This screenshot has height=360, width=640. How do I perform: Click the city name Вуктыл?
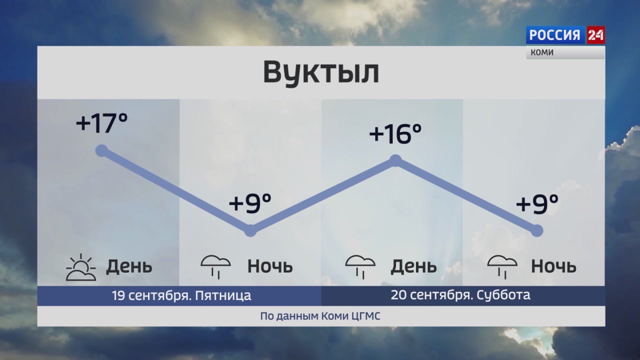click(321, 72)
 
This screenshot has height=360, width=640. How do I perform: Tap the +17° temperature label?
click(101, 123)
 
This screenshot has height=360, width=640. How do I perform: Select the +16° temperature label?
click(395, 134)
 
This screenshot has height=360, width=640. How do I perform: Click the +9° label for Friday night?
click(250, 203)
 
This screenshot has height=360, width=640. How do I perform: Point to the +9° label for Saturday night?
click(537, 203)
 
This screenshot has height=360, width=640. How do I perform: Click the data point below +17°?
click(101, 150)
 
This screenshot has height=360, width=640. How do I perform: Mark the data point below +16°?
click(395, 160)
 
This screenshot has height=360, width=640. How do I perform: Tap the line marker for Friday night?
click(250, 230)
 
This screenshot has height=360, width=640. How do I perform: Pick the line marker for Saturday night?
click(537, 230)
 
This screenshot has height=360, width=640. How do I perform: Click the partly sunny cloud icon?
click(81, 267)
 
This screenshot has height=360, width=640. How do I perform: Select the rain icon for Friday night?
click(215, 267)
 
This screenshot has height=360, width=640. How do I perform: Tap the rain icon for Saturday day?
click(360, 267)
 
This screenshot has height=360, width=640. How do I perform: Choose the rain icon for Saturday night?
click(502, 267)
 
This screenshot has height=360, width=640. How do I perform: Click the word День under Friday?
click(129, 266)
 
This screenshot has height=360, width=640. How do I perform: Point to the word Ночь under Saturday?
click(553, 266)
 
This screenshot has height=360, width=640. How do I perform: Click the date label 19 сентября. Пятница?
click(181, 295)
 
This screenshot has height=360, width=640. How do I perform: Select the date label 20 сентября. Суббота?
click(460, 295)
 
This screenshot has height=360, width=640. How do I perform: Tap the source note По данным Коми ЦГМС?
click(320, 316)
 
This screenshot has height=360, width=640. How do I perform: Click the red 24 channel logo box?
click(595, 35)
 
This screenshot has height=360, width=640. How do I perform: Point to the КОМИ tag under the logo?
click(542, 52)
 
